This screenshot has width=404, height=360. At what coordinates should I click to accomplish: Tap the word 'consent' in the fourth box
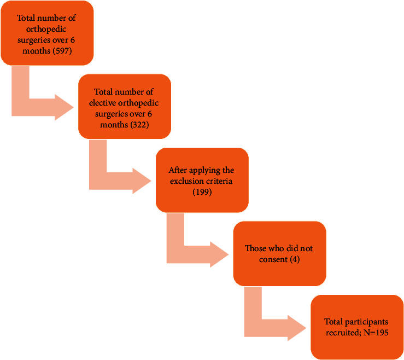pos(273,258)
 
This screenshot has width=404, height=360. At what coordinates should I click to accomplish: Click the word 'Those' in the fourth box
pos(254,248)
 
